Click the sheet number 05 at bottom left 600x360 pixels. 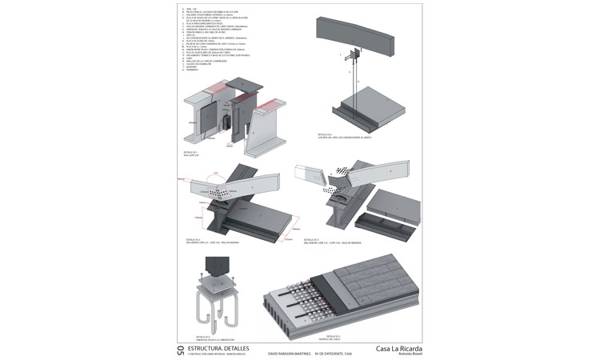point(179,350)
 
